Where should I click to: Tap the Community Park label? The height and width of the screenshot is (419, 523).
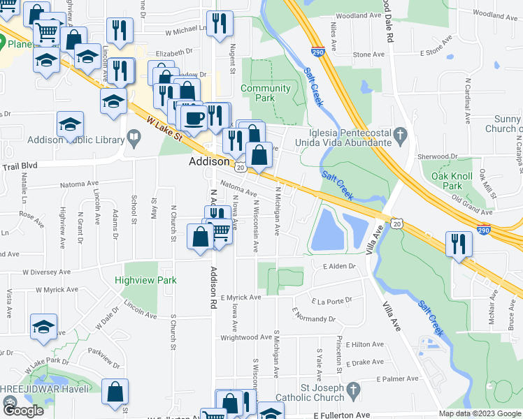click(x=265, y=94)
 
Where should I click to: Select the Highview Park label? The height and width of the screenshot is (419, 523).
click(x=147, y=280)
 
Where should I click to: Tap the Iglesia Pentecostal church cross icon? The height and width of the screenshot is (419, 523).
click(x=399, y=132)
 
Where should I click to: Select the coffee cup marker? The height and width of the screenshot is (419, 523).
click(x=194, y=117)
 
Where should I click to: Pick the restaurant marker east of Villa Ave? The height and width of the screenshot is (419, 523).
click(x=459, y=244)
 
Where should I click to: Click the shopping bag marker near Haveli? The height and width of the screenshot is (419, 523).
click(x=115, y=392)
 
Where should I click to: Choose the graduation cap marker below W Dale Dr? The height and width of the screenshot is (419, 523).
click(x=43, y=327)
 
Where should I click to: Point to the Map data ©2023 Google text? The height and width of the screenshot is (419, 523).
click(x=480, y=413)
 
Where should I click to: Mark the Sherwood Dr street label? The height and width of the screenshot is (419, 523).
click(x=443, y=157)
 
